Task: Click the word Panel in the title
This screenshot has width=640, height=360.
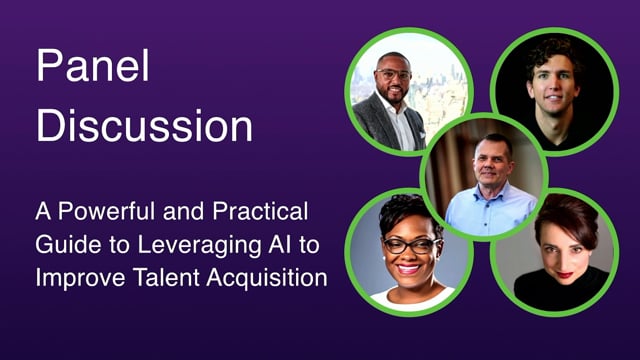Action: click(x=93, y=66)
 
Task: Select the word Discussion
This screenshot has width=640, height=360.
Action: click(x=144, y=125)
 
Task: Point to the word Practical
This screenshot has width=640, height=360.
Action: click(x=260, y=211)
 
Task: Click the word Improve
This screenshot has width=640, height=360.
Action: click(x=80, y=279)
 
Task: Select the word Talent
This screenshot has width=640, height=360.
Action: click(x=166, y=278)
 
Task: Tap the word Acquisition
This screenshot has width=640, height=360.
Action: click(x=267, y=279)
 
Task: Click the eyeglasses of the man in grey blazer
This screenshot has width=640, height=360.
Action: click(x=393, y=74)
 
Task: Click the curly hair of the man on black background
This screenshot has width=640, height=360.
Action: click(x=553, y=54)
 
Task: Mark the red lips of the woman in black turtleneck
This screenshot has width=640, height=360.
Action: click(x=565, y=275)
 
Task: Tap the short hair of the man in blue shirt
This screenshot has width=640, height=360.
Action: click(x=493, y=142)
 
